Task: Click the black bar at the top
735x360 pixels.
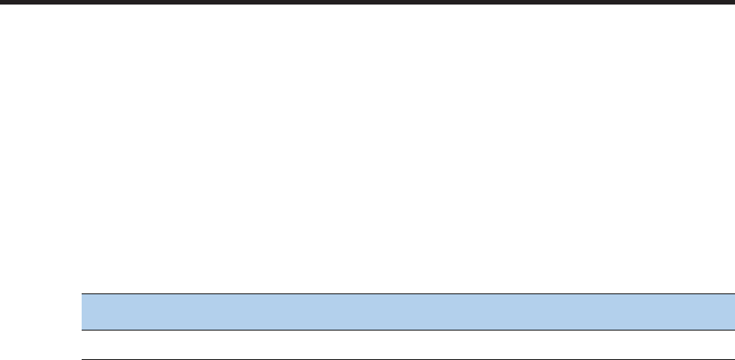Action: point(367,3)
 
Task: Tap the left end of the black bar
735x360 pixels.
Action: point(2,3)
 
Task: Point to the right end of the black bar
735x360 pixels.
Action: point(732,3)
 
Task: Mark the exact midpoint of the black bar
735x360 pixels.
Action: point(367,3)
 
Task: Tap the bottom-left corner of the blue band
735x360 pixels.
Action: point(82,329)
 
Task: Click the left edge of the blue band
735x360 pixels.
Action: point(82,312)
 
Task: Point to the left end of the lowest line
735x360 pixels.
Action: point(82,358)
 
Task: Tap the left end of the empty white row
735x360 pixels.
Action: point(85,344)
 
